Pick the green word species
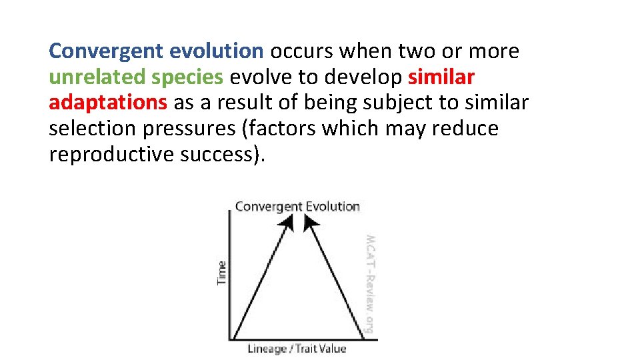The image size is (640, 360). (x=187, y=77)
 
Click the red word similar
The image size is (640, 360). (x=441, y=77)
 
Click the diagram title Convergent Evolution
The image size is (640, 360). (x=297, y=207)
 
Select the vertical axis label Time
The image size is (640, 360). (x=222, y=272)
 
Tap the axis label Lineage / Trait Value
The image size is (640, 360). (x=297, y=349)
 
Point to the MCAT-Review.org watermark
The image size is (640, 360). (x=369, y=283)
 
